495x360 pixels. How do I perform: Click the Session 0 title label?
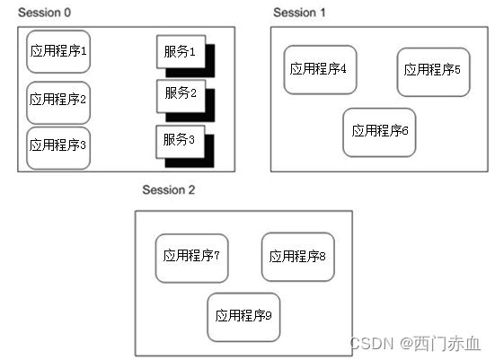(x=44, y=13)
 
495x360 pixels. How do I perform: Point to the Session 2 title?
(x=168, y=190)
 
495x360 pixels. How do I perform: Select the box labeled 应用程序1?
(x=58, y=51)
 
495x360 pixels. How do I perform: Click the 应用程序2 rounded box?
(x=58, y=100)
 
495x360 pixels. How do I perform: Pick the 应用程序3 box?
(x=58, y=144)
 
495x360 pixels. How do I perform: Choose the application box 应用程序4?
(x=320, y=69)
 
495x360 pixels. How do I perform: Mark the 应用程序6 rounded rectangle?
(x=380, y=131)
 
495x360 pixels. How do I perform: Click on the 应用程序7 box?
(x=191, y=256)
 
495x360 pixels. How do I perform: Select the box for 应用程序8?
(x=297, y=257)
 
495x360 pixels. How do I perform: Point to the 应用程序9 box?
(x=243, y=316)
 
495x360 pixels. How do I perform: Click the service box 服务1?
(x=181, y=52)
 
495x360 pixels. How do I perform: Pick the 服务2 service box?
(x=181, y=93)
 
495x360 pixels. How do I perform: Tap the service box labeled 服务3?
(x=181, y=141)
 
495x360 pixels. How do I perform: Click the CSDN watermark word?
(x=367, y=344)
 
